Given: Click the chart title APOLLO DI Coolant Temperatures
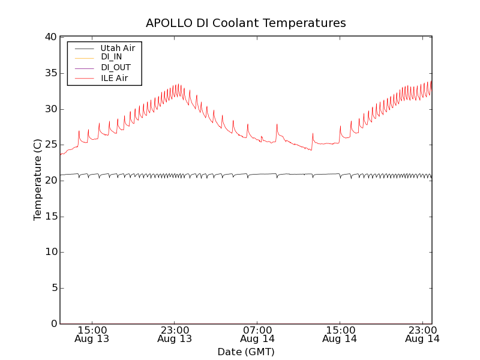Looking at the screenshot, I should click(246, 23).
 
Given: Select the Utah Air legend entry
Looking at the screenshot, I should click(117, 48).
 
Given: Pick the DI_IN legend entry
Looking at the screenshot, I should click(111, 57).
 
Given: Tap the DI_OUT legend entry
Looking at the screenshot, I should click(115, 67).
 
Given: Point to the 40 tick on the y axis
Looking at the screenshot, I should click(50, 37).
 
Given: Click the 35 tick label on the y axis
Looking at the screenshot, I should click(50, 73).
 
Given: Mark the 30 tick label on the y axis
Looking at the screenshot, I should click(50, 109).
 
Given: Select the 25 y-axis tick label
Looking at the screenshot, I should click(50, 145).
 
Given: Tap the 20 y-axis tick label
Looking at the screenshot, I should click(50, 181).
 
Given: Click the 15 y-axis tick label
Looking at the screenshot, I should click(50, 217).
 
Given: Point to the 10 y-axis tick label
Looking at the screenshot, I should click(50, 252).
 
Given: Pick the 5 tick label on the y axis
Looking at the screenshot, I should click(53, 288).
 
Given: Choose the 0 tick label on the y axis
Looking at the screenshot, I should click(53, 324).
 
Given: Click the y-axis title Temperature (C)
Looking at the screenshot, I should click(38, 180).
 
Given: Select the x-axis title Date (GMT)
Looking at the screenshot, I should click(246, 352).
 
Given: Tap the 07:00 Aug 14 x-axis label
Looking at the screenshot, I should click(257, 334).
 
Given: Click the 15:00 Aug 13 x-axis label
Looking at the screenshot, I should click(92, 334).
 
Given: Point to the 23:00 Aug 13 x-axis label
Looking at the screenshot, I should click(175, 334).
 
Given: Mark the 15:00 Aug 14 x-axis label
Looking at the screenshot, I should click(340, 334).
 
